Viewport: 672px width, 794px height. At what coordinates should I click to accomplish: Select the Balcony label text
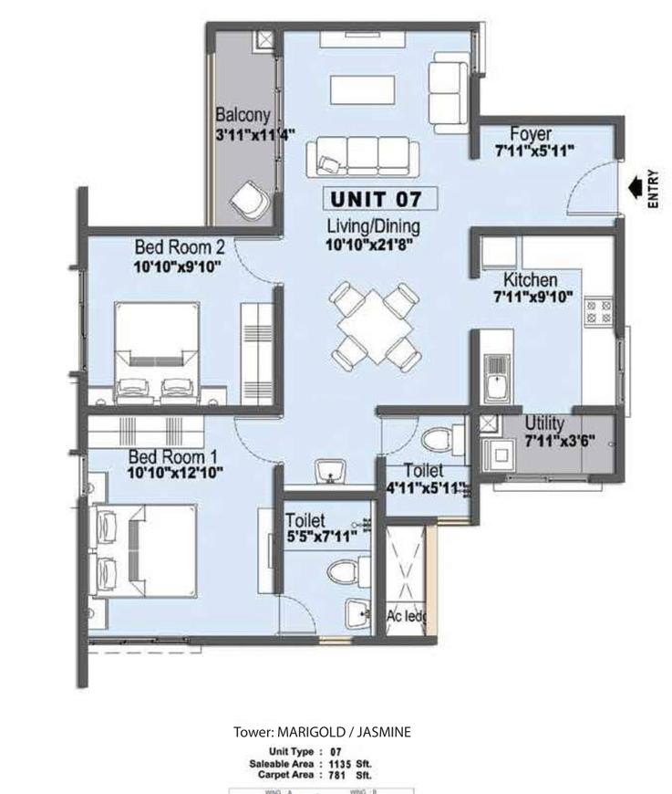coord(243,115)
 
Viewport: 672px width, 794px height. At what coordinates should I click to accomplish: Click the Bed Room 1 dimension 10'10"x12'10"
coord(174,472)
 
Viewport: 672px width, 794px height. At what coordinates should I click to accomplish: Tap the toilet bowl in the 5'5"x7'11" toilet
coord(342,575)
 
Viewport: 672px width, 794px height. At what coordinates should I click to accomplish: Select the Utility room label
coord(544,424)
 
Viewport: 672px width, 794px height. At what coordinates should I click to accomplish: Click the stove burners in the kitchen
coord(598,311)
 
